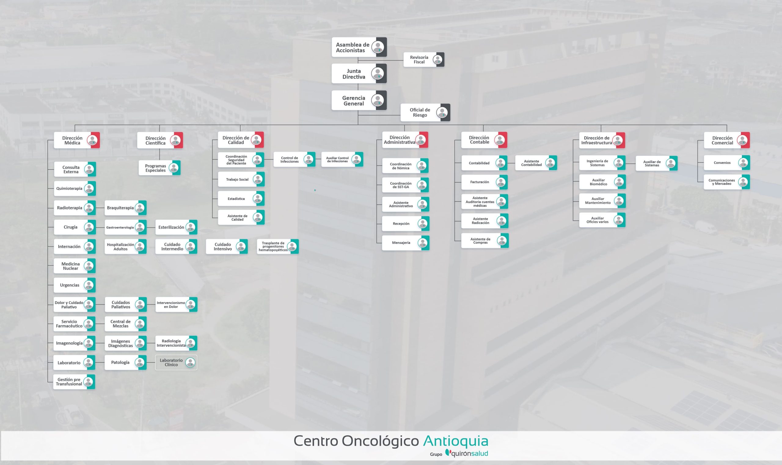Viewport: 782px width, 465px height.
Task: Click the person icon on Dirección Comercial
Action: click(743, 140)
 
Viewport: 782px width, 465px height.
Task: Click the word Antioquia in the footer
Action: click(455, 441)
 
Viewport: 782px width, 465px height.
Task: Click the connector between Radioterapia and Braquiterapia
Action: click(100, 208)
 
